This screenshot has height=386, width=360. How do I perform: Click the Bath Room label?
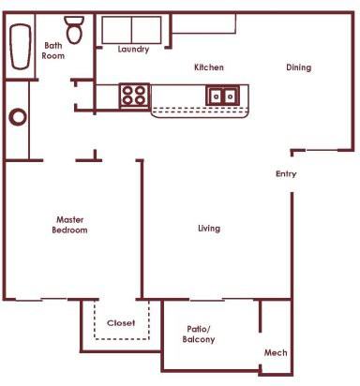[x=54, y=51]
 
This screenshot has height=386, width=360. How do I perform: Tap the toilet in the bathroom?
[x=75, y=28]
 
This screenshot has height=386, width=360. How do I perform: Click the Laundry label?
[x=134, y=49]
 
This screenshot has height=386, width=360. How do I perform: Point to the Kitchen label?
[x=208, y=67]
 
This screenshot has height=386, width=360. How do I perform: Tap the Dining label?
[x=299, y=67]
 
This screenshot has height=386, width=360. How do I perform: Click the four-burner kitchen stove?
[x=134, y=94]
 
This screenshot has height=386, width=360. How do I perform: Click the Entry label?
[x=286, y=174]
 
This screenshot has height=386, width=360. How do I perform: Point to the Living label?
[x=209, y=229]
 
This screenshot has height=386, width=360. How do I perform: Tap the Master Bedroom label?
[x=70, y=225]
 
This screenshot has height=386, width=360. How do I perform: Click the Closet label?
[x=121, y=322]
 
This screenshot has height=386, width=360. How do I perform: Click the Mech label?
[x=275, y=352]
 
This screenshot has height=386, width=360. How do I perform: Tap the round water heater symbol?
[x=18, y=118]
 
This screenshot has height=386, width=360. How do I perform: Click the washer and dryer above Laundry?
[x=132, y=29]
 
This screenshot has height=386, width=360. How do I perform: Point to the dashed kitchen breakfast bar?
[x=201, y=111]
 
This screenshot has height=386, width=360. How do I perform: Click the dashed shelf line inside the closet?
[x=121, y=335]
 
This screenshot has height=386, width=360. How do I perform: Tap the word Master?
[x=70, y=220]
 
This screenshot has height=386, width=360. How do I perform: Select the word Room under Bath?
[x=54, y=56]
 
